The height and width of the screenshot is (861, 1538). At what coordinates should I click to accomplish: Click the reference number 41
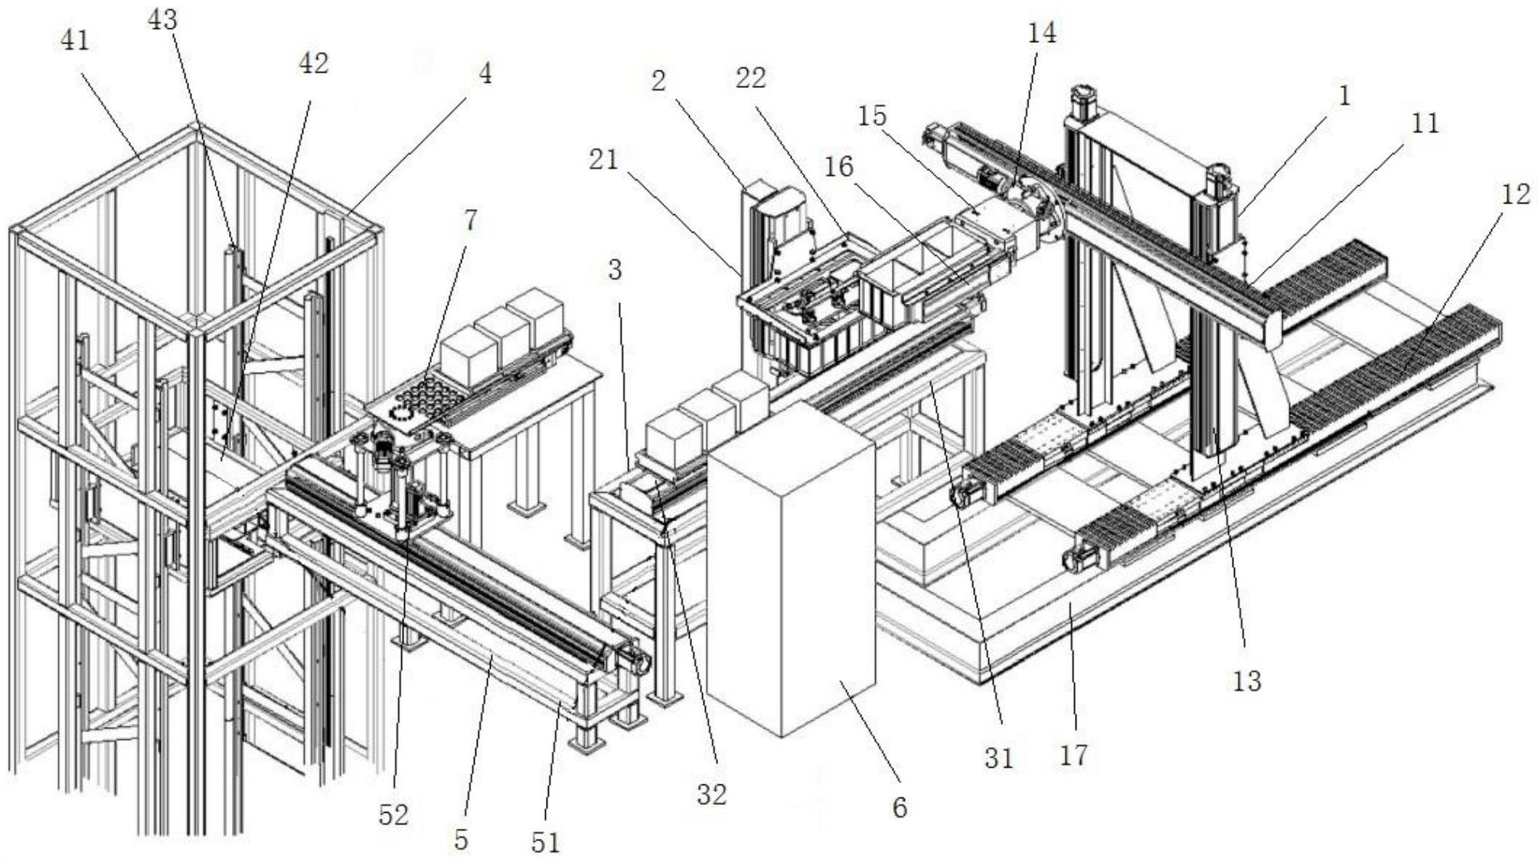75,40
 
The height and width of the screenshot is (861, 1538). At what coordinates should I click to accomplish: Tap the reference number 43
162,21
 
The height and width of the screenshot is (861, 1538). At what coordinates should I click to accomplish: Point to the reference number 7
469,220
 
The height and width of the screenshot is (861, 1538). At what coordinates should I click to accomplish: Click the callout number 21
603,160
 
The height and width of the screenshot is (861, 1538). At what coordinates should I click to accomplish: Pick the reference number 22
750,77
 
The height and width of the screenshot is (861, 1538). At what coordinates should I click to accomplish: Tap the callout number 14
1042,33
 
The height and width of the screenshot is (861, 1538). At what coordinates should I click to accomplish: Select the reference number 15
872,116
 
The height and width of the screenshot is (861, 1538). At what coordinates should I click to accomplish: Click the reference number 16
839,167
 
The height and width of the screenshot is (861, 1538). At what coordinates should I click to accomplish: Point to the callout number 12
1515,194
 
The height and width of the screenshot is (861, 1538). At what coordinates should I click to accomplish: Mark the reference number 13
1246,680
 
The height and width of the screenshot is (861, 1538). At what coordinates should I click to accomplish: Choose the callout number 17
1073,755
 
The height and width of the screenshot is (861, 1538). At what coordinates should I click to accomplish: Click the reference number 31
998,758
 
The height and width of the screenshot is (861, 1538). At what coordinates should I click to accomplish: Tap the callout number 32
711,795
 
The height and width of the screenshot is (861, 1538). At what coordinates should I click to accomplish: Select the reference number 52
393,815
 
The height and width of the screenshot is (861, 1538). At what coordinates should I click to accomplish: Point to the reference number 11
1425,123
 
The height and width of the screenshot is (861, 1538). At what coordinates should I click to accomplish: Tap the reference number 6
900,807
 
